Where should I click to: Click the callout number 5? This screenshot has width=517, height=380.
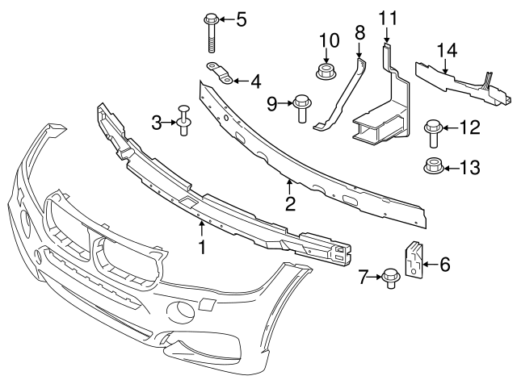241,19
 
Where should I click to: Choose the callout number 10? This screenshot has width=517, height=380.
328,40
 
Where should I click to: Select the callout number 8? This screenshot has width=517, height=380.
360,33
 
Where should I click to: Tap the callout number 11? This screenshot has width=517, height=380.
388,17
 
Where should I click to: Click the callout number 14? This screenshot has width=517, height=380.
448,50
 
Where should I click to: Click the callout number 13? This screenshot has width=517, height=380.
469,168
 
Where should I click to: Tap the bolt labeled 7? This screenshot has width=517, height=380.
391,278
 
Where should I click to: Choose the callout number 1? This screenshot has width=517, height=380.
202,244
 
